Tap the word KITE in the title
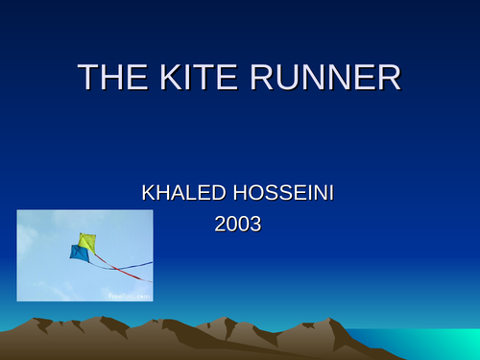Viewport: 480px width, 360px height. click(x=196, y=78)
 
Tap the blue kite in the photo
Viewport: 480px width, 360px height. click(x=79, y=253)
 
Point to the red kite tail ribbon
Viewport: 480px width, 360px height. click(x=126, y=273)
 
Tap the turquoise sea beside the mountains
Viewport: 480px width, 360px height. click(x=422, y=340)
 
